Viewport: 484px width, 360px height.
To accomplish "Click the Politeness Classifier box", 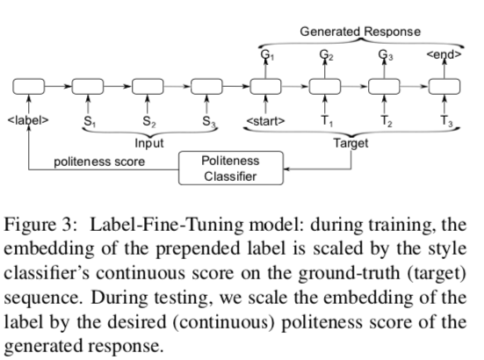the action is pyautogui.click(x=231, y=168).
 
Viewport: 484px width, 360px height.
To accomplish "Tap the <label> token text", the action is pyautogui.click(x=28, y=120).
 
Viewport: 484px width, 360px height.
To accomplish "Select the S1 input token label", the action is pyautogui.click(x=90, y=121).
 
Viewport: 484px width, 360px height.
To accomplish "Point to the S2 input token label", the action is pyautogui.click(x=149, y=121).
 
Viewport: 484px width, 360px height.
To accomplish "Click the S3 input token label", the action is pyautogui.click(x=209, y=121).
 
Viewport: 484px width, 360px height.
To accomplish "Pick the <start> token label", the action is pyautogui.click(x=266, y=121).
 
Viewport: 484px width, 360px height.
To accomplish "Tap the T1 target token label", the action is pyautogui.click(x=327, y=121).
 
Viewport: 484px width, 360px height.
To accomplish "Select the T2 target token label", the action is pyautogui.click(x=386, y=121).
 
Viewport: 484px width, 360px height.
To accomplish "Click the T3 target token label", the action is pyautogui.click(x=446, y=121).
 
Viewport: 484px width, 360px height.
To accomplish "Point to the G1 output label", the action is pyautogui.click(x=267, y=55).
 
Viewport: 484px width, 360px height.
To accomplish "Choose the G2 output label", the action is pyautogui.click(x=326, y=55).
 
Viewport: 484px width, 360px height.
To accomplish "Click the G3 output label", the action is pyautogui.click(x=386, y=55).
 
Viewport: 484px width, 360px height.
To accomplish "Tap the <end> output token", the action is pyautogui.click(x=444, y=54).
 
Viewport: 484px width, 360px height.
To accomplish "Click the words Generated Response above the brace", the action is pyautogui.click(x=360, y=32).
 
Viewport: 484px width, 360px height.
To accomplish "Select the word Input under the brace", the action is pyautogui.click(x=149, y=143).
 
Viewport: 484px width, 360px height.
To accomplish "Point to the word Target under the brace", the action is pyautogui.click(x=351, y=143).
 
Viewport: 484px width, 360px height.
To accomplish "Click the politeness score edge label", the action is pyautogui.click(x=99, y=162).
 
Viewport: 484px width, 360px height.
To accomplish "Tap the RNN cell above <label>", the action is pyautogui.click(x=28, y=86).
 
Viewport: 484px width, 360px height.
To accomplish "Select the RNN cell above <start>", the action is pyautogui.click(x=265, y=86).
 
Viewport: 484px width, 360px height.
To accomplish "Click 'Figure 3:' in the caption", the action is pyautogui.click(x=40, y=224).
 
